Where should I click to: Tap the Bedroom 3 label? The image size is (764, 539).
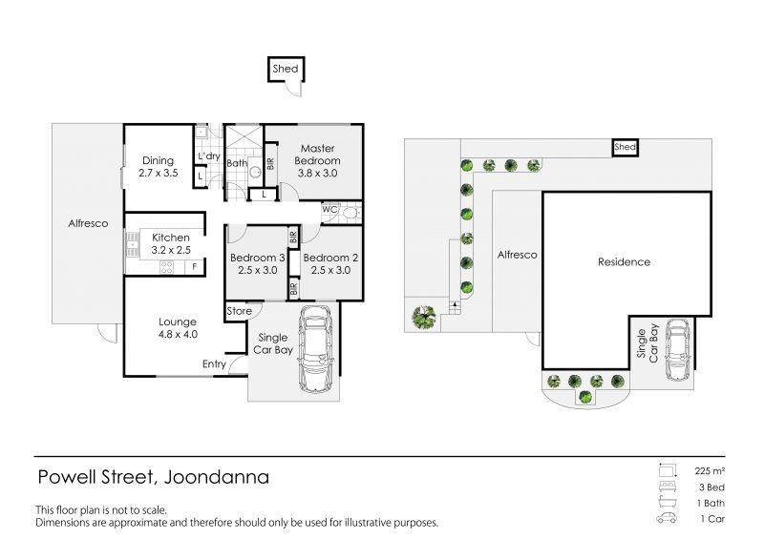(x=258, y=264)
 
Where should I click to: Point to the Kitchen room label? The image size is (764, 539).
(x=171, y=243)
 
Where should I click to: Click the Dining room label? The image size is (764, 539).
(x=158, y=167)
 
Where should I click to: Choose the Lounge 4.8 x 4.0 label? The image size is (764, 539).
(x=178, y=328)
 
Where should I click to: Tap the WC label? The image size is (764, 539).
(x=329, y=209)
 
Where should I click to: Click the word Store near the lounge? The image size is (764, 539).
(x=240, y=311)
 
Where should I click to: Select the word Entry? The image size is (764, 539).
(x=215, y=364)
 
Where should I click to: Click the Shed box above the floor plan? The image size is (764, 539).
(x=286, y=69)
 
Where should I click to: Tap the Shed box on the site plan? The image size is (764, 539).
(x=625, y=148)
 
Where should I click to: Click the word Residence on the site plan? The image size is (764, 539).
(x=624, y=261)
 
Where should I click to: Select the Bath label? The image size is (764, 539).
(x=236, y=163)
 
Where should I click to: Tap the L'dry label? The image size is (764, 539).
(x=208, y=156)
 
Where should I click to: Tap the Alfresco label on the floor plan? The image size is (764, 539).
(x=88, y=223)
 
